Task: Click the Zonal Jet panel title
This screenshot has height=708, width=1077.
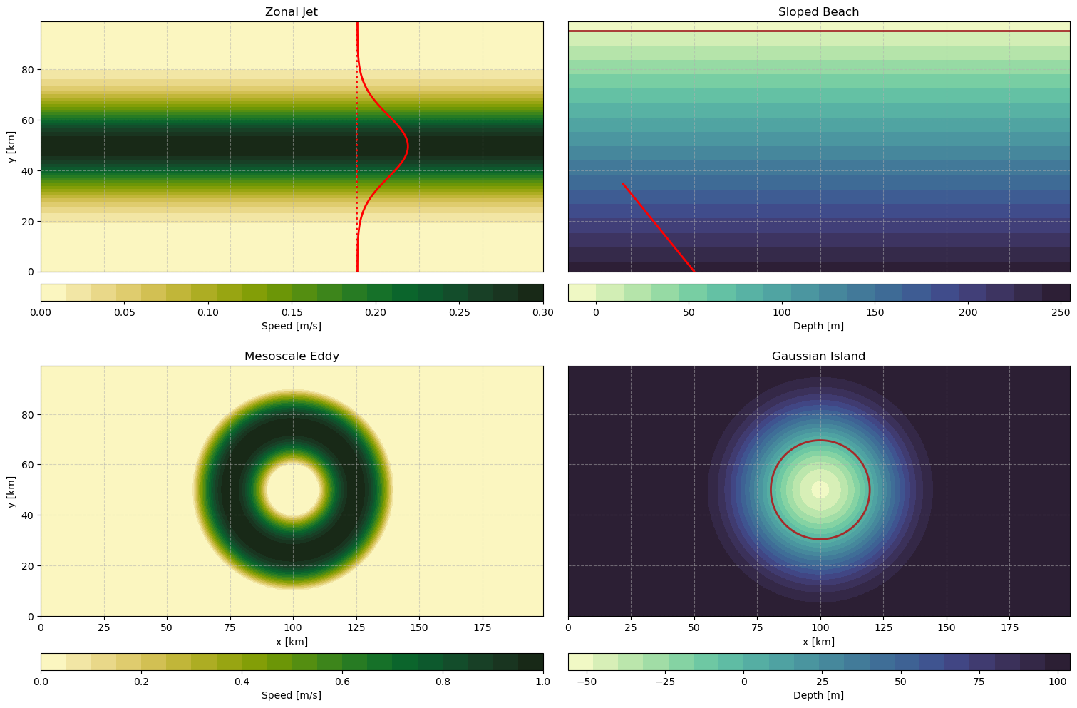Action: click(292, 11)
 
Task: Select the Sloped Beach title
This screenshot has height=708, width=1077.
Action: click(818, 11)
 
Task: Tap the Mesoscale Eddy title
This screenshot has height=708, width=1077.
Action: click(292, 356)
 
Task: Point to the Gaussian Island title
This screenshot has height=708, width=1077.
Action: click(818, 356)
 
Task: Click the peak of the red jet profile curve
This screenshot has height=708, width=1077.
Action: click(407, 147)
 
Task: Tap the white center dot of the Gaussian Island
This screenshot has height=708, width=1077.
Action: click(820, 490)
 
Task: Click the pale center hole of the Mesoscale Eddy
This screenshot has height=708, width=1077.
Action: click(292, 490)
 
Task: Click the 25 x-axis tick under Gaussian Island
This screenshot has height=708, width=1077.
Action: click(631, 628)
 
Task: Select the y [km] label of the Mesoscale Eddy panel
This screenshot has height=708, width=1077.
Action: click(11, 491)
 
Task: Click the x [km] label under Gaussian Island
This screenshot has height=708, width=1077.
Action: click(818, 642)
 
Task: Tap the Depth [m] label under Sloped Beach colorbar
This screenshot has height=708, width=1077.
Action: click(818, 326)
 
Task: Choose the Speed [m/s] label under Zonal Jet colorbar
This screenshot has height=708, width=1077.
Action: click(292, 326)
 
